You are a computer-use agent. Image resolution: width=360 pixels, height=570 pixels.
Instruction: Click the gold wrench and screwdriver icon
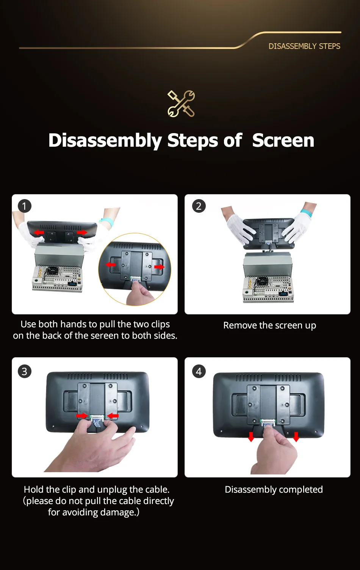181,104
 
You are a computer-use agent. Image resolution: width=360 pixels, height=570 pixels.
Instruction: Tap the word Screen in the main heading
283,140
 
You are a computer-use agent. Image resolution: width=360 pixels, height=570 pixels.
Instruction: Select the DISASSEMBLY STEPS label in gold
304,46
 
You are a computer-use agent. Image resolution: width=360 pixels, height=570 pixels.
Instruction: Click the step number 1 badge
24,206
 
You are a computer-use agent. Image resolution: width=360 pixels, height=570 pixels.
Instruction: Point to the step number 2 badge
199,206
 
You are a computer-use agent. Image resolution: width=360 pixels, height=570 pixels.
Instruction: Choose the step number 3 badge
24,371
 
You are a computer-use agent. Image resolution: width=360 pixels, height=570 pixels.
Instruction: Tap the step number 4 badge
199,371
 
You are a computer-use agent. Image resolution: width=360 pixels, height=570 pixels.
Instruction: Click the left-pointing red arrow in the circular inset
111,265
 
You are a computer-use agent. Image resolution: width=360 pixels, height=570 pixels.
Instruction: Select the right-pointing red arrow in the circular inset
160,267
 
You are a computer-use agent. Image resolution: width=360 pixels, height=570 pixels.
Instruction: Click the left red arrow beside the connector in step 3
82,416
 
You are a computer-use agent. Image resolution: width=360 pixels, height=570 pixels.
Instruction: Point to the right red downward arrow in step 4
296,437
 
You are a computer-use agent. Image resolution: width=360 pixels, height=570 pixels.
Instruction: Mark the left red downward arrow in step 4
251,437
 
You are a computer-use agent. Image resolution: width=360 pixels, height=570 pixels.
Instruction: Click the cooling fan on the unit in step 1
52,271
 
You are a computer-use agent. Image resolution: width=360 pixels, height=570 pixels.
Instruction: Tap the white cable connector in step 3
97,417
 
